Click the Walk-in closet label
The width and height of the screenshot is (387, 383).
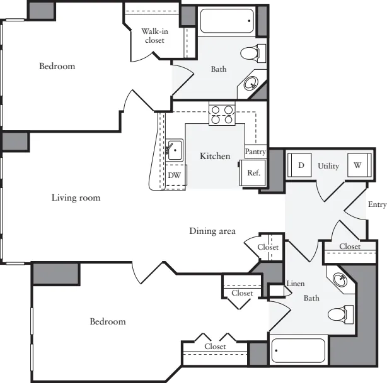[x=155, y=36]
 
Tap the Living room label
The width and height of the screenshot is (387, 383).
[x=76, y=197]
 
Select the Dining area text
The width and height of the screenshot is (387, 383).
[x=212, y=231]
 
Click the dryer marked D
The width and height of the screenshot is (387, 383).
[x=299, y=165]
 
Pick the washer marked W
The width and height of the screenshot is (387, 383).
[x=359, y=165]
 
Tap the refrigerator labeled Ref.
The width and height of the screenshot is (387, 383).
[x=253, y=173]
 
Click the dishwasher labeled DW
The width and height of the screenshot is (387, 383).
[x=175, y=175]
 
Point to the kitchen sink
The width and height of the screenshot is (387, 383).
[x=174, y=150]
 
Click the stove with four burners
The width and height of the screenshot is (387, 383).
[x=222, y=114]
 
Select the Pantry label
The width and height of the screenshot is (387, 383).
[x=255, y=152]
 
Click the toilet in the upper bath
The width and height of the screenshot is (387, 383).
[x=253, y=53]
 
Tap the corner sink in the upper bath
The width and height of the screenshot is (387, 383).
[x=251, y=84]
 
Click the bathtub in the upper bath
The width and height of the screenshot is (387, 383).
[x=227, y=21]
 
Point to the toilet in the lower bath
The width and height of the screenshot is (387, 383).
[x=340, y=314]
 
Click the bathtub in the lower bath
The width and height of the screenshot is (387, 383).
[x=298, y=351]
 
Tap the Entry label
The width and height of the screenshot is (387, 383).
[x=377, y=204]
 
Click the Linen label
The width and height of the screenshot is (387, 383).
[x=296, y=284]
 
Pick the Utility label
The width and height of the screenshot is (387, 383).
[x=328, y=166]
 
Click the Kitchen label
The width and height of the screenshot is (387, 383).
[x=215, y=156]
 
